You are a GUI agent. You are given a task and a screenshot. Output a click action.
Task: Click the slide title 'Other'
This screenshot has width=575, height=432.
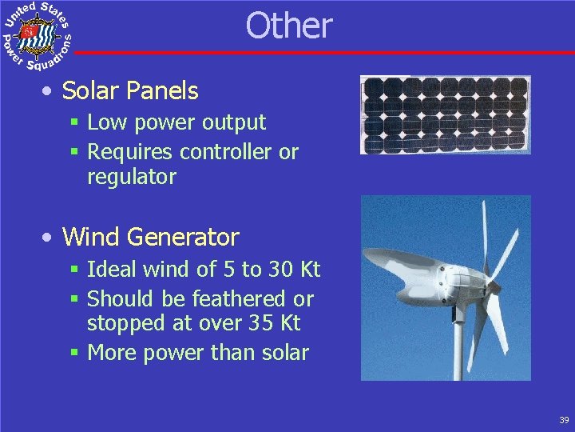pyautogui.click(x=288, y=26)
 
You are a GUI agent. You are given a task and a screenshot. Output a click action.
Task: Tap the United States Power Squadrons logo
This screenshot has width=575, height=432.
pyautogui.click(x=37, y=36)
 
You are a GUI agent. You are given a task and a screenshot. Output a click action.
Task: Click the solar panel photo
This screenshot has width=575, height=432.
pyautogui.click(x=445, y=115)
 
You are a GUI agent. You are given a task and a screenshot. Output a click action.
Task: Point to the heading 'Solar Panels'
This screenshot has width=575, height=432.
pyautogui.click(x=130, y=91)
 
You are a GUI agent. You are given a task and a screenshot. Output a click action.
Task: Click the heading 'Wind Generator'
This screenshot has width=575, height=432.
pyautogui.click(x=150, y=237)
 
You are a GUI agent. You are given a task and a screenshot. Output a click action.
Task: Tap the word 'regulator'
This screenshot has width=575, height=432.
pyautogui.click(x=131, y=177)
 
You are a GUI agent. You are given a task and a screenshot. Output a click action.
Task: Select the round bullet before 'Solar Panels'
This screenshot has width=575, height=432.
pyautogui.click(x=50, y=92)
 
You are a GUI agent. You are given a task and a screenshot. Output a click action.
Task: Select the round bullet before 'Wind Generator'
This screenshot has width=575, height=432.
pyautogui.click(x=50, y=238)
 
